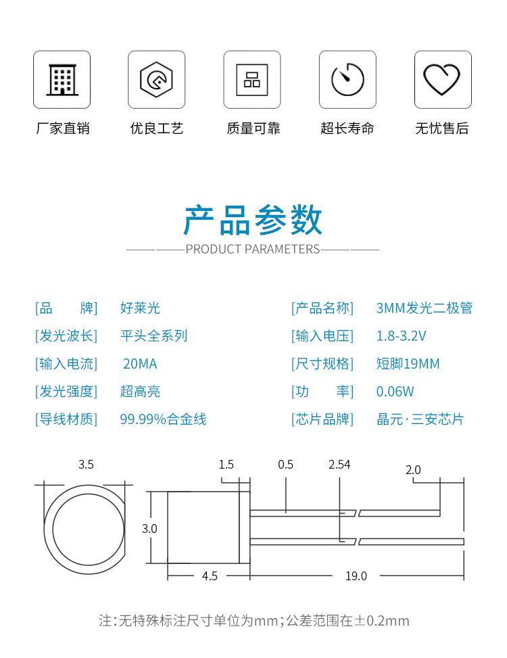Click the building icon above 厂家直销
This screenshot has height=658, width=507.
(x=62, y=80)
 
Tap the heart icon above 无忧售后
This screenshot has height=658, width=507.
(x=442, y=80)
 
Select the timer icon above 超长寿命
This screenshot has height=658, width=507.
(x=347, y=80)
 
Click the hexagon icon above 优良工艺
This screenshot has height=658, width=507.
(x=156, y=80)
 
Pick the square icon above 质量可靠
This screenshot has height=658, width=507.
(x=252, y=80)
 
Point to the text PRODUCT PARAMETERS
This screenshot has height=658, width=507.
(x=253, y=249)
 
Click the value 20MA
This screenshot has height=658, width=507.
(x=140, y=364)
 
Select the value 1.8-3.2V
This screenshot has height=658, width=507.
(x=401, y=336)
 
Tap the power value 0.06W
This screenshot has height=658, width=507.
(x=395, y=392)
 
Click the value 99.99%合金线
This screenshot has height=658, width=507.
(x=163, y=419)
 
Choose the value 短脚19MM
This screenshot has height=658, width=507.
(x=408, y=364)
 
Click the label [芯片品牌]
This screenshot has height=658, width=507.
(x=322, y=419)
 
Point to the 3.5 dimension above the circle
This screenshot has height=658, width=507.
(x=86, y=465)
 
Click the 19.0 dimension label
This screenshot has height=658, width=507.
(x=356, y=576)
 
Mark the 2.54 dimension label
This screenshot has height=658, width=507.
(x=339, y=465)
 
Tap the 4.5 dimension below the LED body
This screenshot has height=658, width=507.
(x=210, y=576)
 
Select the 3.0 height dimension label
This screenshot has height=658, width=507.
(x=149, y=528)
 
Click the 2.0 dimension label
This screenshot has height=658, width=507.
(x=413, y=469)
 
